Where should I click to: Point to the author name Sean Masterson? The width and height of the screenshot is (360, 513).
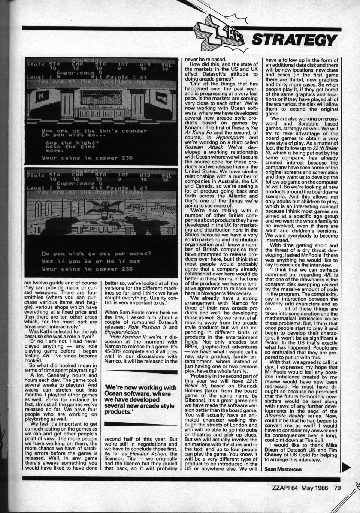click(281, 468)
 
